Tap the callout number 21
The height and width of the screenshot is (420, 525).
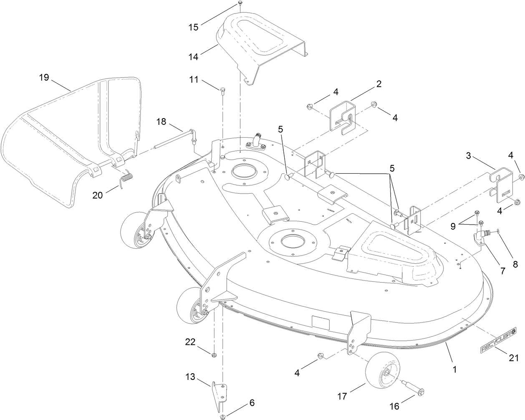point(514,358)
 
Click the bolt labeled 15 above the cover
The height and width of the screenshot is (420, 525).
point(240,3)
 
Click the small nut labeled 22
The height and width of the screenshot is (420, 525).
point(214,355)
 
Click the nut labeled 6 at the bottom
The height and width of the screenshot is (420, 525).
point(222,416)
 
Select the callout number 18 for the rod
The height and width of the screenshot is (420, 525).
point(161,122)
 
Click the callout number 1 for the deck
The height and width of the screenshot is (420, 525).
point(454,369)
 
